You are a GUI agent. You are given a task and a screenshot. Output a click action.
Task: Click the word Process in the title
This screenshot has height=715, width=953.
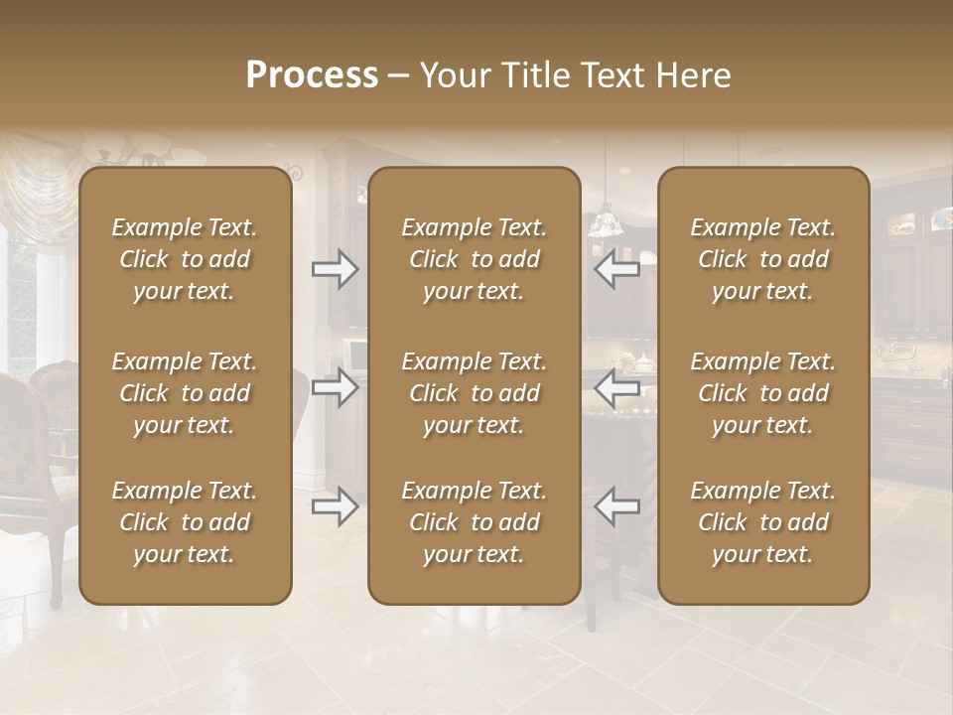point(312,75)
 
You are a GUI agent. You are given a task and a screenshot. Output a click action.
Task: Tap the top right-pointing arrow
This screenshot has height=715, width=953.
point(335,269)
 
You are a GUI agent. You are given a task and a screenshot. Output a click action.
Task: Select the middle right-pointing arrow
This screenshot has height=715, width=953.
point(335,387)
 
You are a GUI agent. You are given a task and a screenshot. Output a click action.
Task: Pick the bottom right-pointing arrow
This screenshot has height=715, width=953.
point(335,507)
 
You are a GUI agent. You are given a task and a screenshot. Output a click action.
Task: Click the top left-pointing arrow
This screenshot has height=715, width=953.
point(617,269)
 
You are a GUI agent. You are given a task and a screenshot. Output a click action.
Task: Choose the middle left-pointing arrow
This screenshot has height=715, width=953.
point(617,387)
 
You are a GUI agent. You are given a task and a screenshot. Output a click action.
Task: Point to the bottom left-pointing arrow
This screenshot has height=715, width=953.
point(617,507)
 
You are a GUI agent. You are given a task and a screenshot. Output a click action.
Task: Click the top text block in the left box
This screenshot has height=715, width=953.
point(185,259)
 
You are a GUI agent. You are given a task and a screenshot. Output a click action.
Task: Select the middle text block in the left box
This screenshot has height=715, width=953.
point(185,393)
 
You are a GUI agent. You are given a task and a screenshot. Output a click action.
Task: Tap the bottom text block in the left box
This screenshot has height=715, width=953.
point(185,522)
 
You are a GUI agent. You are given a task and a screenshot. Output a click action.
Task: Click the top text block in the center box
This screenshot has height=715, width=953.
point(474,259)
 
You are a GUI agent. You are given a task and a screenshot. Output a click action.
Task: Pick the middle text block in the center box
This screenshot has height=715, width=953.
point(474,393)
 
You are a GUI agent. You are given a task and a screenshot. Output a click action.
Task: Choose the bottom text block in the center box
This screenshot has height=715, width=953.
point(474,522)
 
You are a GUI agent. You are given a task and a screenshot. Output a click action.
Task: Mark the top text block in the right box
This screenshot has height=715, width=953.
point(762,259)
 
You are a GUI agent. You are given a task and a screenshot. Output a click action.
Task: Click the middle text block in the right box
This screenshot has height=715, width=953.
point(762,393)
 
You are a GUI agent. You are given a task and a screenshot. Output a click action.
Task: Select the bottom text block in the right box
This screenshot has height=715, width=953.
point(762,522)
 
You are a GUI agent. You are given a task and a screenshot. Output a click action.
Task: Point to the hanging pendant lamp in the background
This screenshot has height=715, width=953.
point(605,222)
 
